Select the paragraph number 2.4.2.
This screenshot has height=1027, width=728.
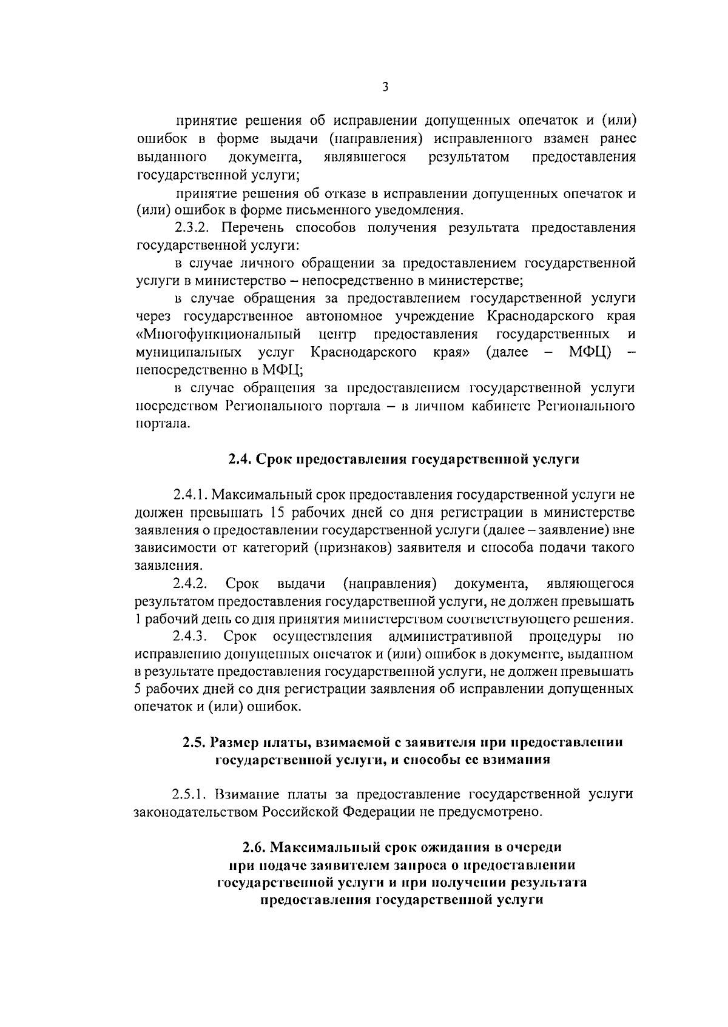(x=190, y=584)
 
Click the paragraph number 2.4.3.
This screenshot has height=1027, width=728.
(x=190, y=637)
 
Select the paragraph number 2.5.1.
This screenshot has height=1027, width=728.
(x=190, y=794)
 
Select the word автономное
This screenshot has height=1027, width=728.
(x=345, y=317)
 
